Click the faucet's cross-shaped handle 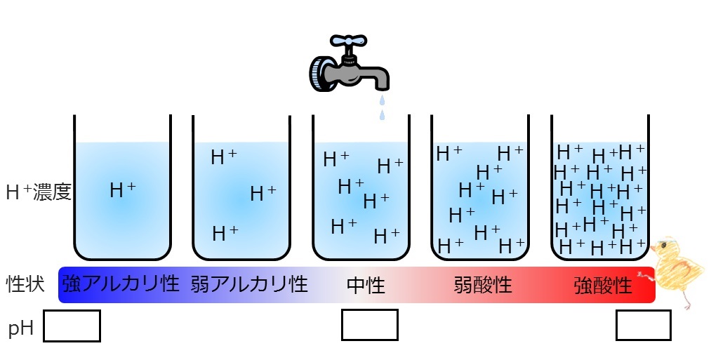click(348, 41)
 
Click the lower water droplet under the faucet click(383, 114)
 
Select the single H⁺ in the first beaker click(122, 189)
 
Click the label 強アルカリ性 click(120, 284)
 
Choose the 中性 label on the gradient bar click(366, 286)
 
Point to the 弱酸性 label click(483, 286)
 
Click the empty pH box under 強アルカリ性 click(72, 326)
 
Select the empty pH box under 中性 click(370, 325)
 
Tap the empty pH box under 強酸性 click(644, 325)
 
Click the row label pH click(21, 327)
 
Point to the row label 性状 click(25, 284)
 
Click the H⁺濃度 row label click(39, 192)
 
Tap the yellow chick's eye click(664, 246)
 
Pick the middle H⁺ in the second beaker click(263, 194)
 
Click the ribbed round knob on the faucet click(319, 74)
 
